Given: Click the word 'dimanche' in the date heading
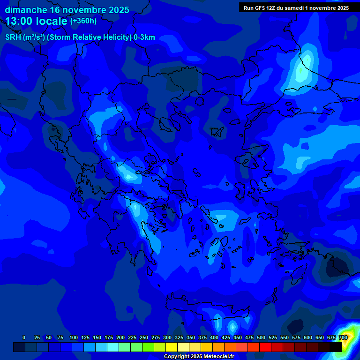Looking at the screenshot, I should (x=26, y=10).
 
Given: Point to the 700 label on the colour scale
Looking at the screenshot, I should (x=343, y=337).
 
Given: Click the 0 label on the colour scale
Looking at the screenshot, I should (x=24, y=337).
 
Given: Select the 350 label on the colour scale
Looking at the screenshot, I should (x=191, y=337).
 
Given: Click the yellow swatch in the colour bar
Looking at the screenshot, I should (x=172, y=347).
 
